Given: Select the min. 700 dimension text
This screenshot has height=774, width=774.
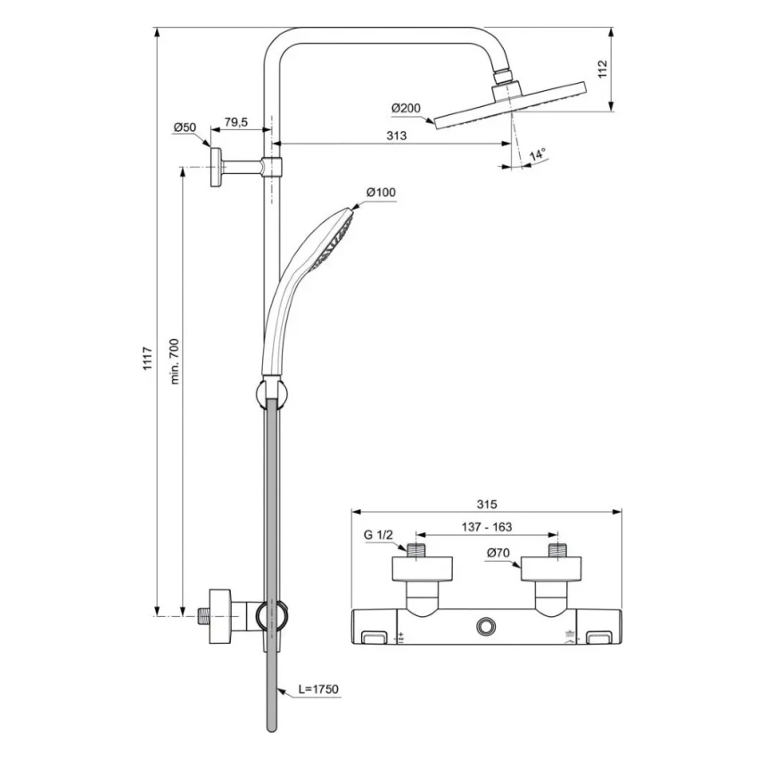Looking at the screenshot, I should [175, 361].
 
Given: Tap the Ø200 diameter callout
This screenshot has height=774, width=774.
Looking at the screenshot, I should [406, 108].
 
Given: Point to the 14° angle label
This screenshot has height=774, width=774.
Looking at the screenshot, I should [537, 155].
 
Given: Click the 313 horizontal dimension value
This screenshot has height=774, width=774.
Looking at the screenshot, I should [397, 136].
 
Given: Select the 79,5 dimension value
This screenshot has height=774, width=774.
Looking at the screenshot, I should [236, 122].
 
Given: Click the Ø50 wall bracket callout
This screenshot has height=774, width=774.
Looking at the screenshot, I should [185, 128].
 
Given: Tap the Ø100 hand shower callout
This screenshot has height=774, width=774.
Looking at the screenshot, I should [381, 193].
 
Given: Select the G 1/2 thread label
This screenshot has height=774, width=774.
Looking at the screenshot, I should [378, 534].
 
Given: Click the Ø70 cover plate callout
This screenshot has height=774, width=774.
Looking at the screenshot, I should [498, 554].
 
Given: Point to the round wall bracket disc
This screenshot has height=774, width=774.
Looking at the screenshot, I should [217, 168].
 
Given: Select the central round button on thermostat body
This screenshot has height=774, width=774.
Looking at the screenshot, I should [487, 627].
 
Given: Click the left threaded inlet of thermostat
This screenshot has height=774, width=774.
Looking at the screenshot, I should [416, 550].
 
